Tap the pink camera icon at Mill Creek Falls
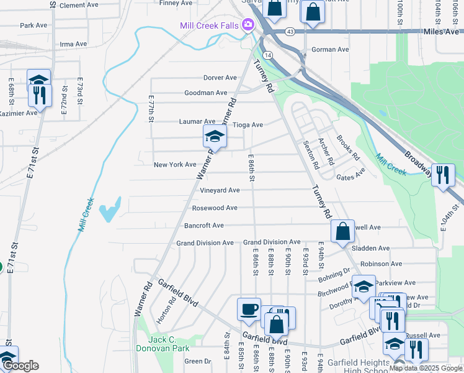coord(248,25)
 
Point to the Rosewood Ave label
coord(215,208)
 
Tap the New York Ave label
coord(175,164)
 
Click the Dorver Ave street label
coord(220,78)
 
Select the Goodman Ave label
coord(206,93)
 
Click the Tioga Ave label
coord(248,124)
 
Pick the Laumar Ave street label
coord(197,122)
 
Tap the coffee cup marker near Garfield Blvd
coord(249,310)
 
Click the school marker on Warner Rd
coord(214,136)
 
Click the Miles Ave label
coord(441,31)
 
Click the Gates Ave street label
coord(350,177)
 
